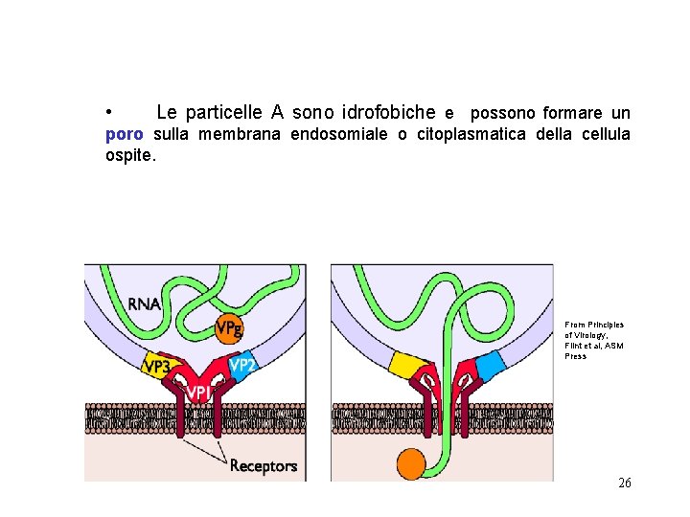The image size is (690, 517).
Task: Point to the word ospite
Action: click(x=129, y=154)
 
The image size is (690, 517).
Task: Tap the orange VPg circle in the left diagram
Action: click(x=229, y=328)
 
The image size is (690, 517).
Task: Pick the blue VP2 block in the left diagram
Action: click(x=241, y=364)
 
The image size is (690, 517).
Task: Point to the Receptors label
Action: click(x=264, y=466)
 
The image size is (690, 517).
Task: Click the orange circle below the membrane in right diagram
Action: click(x=411, y=463)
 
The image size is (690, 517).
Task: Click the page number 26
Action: click(x=624, y=483)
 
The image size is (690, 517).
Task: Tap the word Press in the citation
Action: click(x=575, y=356)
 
